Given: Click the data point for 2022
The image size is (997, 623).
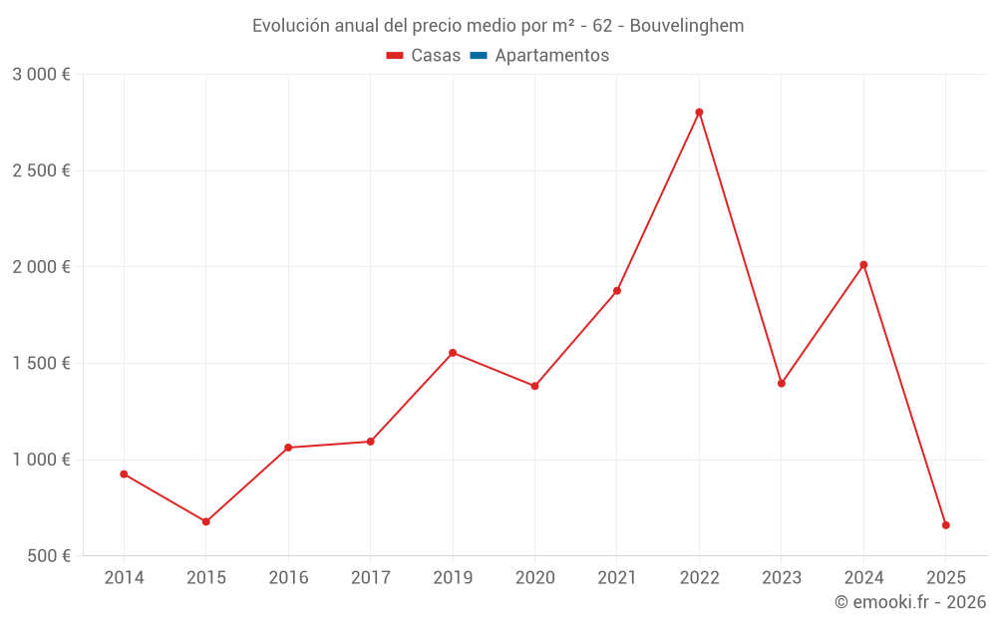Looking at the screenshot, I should (699, 112).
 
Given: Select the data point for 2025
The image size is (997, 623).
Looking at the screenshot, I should (945, 525).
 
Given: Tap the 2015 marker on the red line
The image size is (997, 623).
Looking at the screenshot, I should (206, 521).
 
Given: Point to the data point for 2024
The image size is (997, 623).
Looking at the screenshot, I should (863, 265).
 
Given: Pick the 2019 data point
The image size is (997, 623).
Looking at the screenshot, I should (453, 353).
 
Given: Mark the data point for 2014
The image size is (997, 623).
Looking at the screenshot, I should (124, 473).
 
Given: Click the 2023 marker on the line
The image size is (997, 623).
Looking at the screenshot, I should (782, 383).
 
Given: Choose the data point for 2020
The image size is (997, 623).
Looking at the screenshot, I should (534, 386).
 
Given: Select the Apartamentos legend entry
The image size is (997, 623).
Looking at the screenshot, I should (551, 56).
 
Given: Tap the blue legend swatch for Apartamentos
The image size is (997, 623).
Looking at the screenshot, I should (478, 56).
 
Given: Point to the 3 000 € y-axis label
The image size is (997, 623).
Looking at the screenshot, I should (41, 75).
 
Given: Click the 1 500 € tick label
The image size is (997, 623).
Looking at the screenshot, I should (41, 364).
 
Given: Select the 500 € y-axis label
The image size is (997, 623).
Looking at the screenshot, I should (47, 556).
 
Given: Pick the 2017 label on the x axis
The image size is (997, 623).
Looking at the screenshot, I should (370, 578).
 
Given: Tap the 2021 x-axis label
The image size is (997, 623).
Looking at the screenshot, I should (617, 578).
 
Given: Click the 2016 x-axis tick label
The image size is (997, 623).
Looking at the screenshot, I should (288, 578).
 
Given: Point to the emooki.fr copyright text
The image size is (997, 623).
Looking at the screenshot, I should (909, 602).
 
